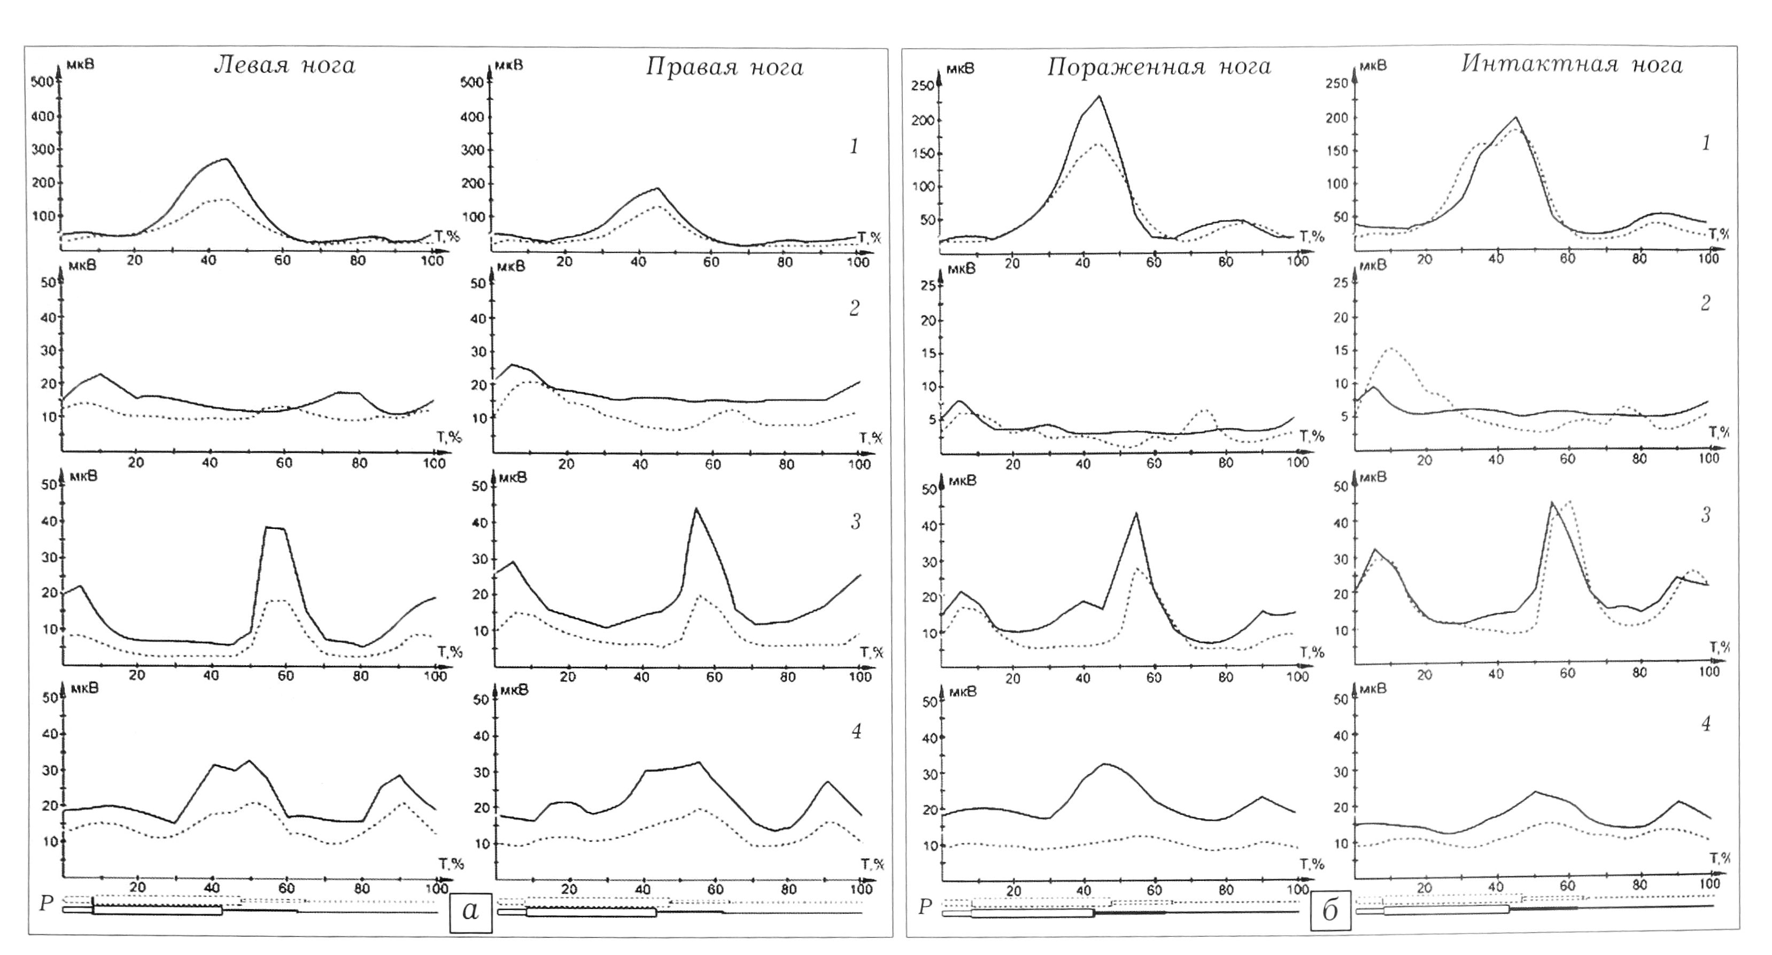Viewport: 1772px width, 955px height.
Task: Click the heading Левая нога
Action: point(284,65)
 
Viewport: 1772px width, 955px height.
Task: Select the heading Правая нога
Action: point(724,67)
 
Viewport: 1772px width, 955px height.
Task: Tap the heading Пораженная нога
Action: point(1158,67)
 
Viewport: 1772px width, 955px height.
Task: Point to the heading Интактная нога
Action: point(1572,64)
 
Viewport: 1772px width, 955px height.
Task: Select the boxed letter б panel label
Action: point(1330,912)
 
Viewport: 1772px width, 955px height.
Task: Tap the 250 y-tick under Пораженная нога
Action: point(923,86)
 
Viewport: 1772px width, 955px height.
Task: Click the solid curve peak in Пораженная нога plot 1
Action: point(1099,96)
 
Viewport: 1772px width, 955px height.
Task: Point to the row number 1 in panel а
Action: point(854,147)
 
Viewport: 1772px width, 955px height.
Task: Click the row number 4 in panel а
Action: point(856,731)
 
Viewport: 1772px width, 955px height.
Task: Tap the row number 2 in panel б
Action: point(1705,303)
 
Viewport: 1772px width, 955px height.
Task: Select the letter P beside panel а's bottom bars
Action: point(46,903)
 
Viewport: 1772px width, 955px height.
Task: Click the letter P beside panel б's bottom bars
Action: point(925,907)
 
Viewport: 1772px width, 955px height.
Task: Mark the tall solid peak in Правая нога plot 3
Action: point(696,509)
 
